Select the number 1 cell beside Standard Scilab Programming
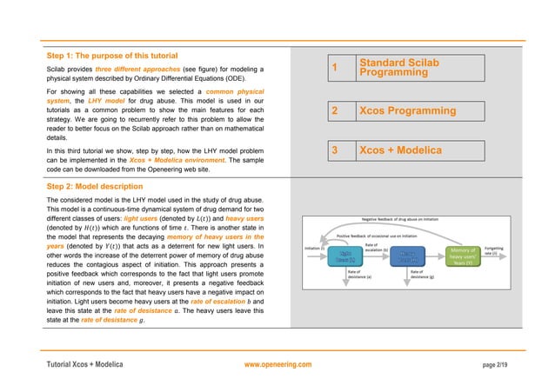coord(334,68)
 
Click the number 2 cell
coord(334,111)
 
